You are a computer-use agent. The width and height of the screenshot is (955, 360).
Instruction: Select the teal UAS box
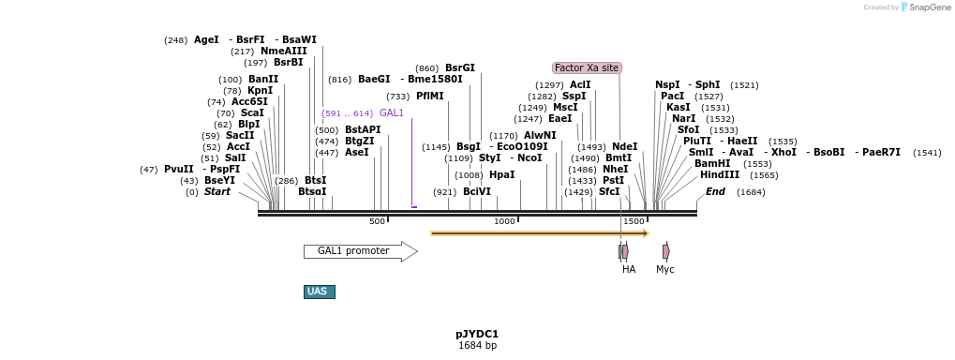(x=319, y=292)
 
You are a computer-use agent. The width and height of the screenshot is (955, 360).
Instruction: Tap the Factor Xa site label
(x=587, y=67)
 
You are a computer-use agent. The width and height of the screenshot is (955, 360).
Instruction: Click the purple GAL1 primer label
(x=392, y=113)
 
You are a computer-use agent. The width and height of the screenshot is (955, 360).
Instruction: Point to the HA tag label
(x=629, y=269)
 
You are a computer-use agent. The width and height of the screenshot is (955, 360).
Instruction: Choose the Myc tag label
(x=665, y=269)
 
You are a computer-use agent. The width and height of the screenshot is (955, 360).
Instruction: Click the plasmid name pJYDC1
(x=477, y=334)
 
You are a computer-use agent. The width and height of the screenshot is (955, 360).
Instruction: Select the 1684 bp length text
(x=477, y=346)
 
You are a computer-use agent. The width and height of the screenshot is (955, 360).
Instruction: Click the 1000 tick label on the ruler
(x=504, y=221)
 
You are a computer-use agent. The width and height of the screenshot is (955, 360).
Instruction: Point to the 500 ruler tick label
(x=377, y=221)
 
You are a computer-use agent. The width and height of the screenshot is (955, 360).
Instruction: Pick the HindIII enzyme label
(x=719, y=175)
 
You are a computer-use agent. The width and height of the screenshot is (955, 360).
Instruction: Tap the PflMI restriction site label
(x=429, y=97)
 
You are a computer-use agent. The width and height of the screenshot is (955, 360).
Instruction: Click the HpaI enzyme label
(x=501, y=175)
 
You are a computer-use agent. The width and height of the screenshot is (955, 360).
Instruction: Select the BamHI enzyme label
(x=712, y=163)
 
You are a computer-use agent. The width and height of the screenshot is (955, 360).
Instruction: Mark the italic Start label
(x=216, y=192)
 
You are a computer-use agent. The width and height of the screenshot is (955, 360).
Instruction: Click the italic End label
(x=715, y=192)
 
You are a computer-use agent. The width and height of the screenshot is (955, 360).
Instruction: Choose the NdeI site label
(x=624, y=147)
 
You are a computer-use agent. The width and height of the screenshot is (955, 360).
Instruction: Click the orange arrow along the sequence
(x=539, y=233)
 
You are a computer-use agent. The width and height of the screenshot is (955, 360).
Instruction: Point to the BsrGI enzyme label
(x=459, y=68)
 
